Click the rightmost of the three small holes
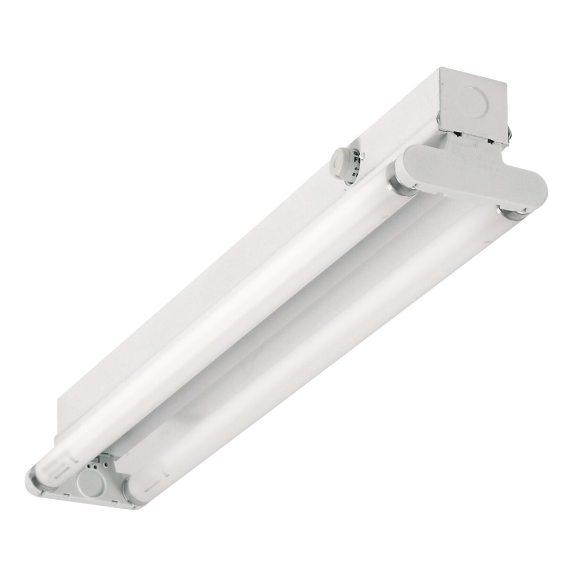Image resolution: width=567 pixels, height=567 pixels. point(106,465)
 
